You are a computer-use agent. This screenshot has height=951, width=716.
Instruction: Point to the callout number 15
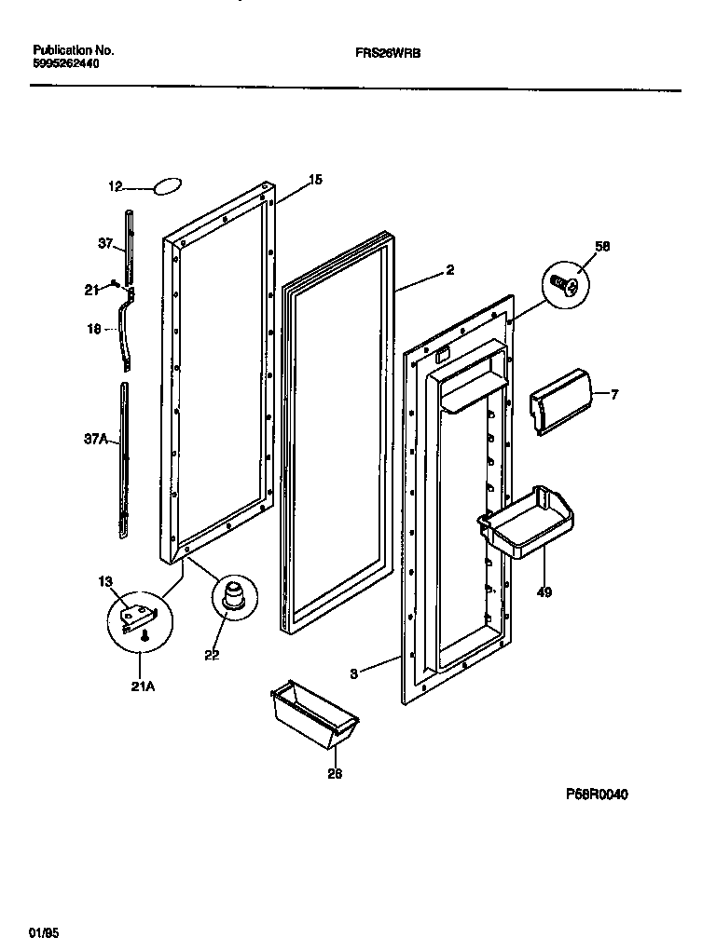tap(315, 180)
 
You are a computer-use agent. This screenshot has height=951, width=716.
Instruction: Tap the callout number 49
tap(544, 591)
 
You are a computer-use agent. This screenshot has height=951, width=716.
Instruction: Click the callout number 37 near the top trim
tap(105, 244)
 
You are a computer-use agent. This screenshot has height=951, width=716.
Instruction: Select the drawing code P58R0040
tap(597, 795)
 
